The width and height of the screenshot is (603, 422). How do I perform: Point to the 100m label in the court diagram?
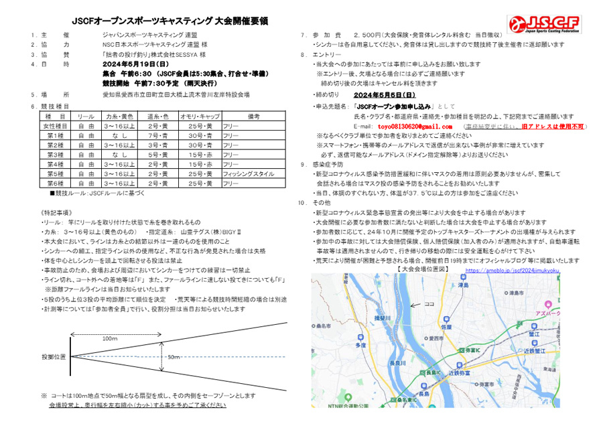[x=109, y=339]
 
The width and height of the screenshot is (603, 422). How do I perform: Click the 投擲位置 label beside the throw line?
[x=53, y=356]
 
